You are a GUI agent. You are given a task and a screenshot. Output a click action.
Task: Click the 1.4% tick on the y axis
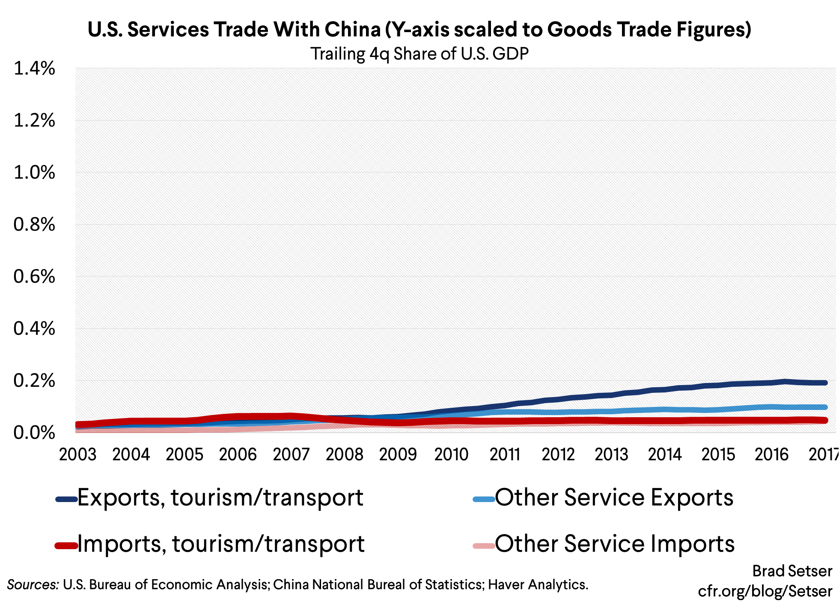click(34, 69)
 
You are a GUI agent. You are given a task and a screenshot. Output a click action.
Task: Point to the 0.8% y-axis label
click(34, 224)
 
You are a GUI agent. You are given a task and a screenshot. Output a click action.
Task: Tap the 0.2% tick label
click(34, 380)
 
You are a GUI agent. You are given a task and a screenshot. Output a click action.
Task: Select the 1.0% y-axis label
click(34, 173)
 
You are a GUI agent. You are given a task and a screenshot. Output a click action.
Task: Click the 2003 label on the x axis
click(77, 454)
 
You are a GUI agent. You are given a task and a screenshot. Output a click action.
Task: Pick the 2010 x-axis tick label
click(451, 454)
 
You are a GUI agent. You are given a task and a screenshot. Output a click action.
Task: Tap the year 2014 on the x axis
click(664, 454)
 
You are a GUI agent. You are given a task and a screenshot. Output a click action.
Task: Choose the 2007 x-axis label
click(291, 454)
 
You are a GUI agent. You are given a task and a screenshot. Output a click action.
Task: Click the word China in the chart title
click(352, 30)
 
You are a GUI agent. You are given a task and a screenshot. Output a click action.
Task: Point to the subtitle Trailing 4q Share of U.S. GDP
click(419, 54)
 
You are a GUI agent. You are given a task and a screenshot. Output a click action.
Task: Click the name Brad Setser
click(792, 571)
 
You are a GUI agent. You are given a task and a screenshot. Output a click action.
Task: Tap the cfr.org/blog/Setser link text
click(765, 591)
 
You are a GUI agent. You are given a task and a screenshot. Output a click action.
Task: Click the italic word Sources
click(33, 585)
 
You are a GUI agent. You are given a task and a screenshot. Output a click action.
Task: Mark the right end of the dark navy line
click(824, 383)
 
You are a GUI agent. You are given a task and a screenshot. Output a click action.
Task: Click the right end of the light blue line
click(824, 407)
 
